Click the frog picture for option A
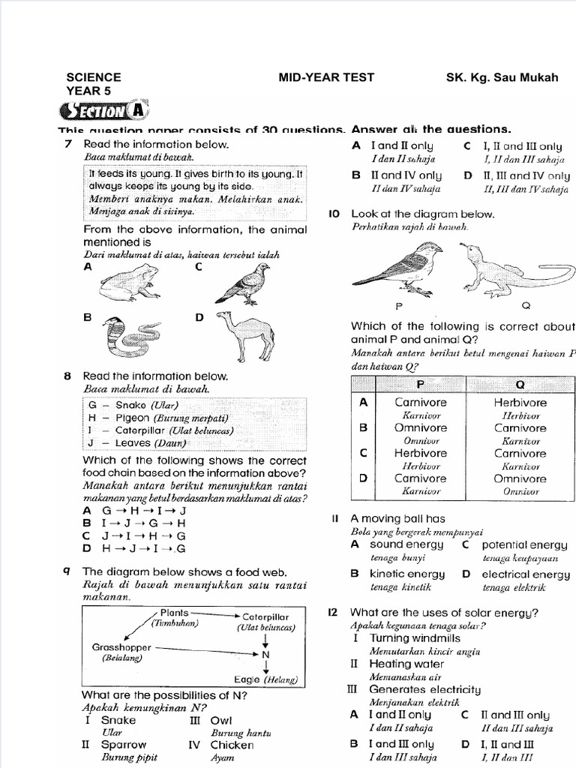tap(128, 284)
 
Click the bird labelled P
tap(398, 269)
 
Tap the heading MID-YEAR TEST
tap(326, 77)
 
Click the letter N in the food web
tap(265, 655)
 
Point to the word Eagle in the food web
tap(247, 679)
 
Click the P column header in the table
tap(420, 384)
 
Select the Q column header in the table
tap(520, 384)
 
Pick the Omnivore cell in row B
tap(420, 428)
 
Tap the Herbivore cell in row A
tap(520, 403)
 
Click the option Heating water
tap(406, 664)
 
